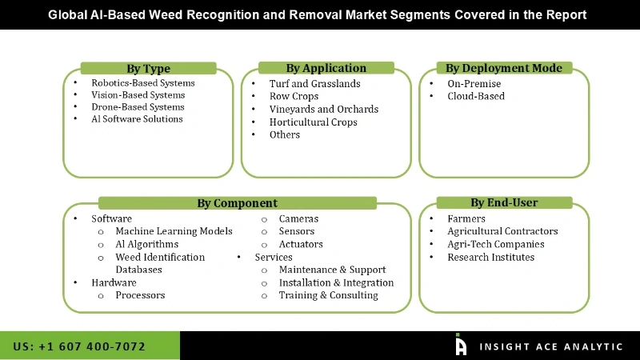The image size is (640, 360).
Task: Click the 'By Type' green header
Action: click(148, 69)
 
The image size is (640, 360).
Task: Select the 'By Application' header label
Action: click(326, 68)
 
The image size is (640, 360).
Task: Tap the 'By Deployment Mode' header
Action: click(503, 68)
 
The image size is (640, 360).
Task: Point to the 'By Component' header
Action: click(237, 203)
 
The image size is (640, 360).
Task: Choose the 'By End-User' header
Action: click(504, 202)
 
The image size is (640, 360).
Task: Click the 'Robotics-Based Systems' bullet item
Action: click(142, 83)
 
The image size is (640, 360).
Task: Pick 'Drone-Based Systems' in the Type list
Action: click(138, 107)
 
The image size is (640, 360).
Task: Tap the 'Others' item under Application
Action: click(285, 135)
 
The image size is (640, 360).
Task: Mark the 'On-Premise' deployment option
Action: click(474, 84)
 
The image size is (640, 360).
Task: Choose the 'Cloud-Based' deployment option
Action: click(476, 97)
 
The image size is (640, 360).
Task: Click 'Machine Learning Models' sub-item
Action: click(174, 231)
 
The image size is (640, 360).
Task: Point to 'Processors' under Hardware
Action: click(140, 295)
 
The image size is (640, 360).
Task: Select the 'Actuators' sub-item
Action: click(301, 244)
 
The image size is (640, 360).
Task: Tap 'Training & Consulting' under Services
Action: click(328, 295)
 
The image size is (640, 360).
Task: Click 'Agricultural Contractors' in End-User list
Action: click(502, 232)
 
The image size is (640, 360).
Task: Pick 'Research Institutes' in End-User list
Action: click(490, 258)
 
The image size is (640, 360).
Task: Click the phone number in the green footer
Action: click(79, 346)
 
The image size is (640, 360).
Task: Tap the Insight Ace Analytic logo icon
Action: click(461, 345)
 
